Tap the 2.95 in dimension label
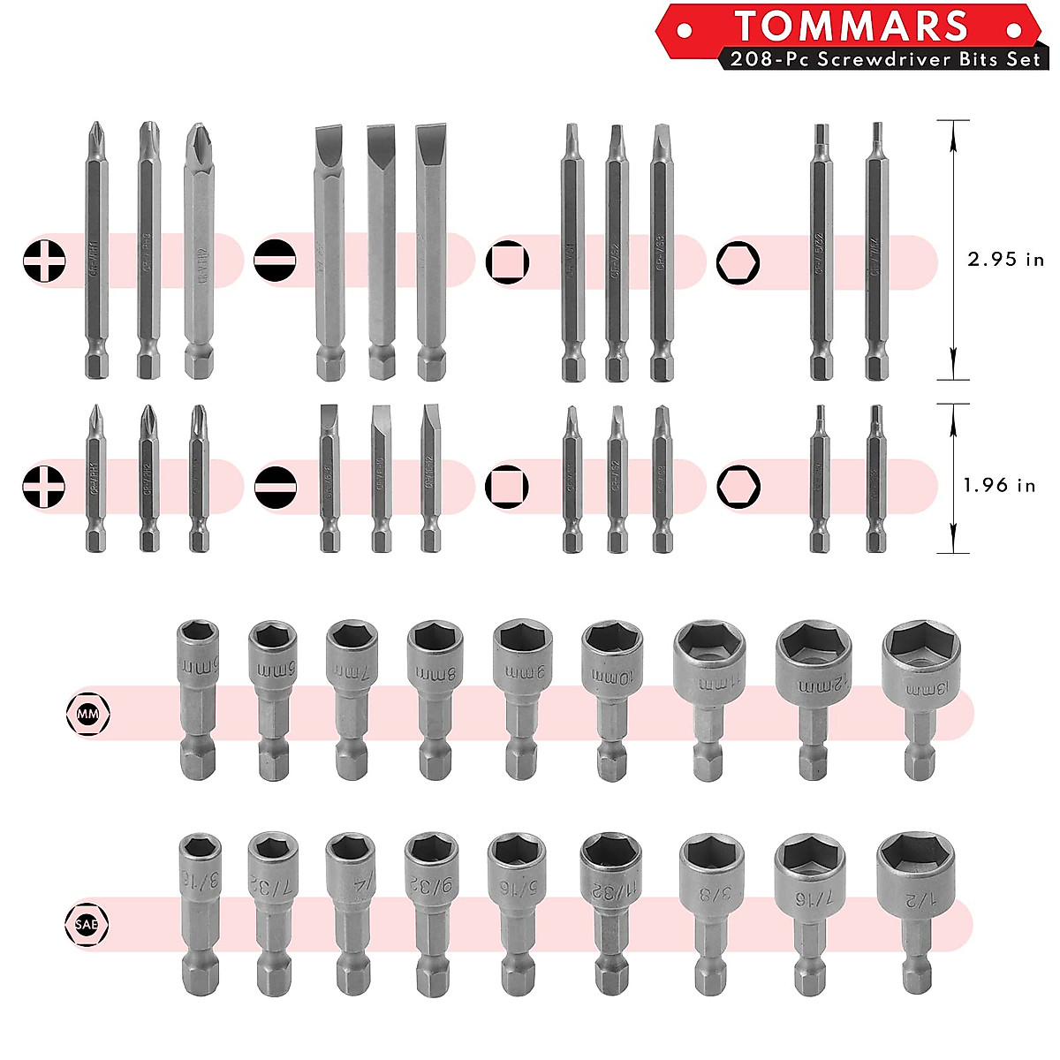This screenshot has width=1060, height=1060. pos(1005,260)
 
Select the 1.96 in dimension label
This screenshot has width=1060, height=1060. pos(999,485)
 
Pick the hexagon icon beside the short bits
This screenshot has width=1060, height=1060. pos(738,487)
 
